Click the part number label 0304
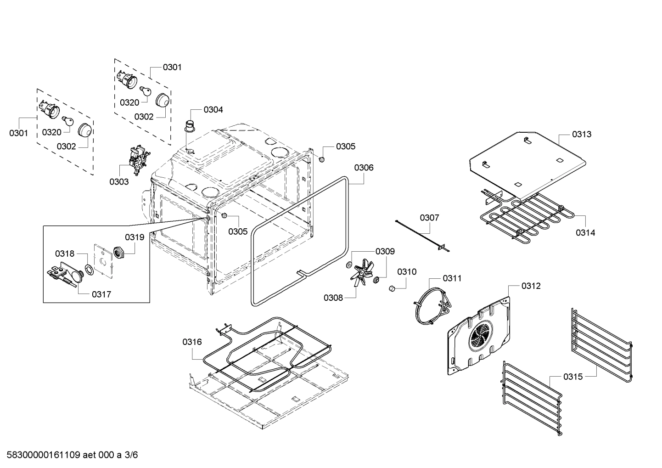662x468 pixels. [x=213, y=109]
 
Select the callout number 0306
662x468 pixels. [x=364, y=168]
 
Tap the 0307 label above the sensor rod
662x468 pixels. [x=429, y=217]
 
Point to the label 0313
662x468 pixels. [x=581, y=134]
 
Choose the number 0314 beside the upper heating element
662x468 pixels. [x=585, y=232]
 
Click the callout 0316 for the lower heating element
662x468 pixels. [x=192, y=341]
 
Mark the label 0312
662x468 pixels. [x=531, y=286]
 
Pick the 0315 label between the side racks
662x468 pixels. [x=572, y=377]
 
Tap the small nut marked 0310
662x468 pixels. [x=393, y=288]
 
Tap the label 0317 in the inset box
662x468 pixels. [x=101, y=294]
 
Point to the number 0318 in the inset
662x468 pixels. [x=64, y=254]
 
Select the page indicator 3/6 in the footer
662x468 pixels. [x=131, y=455]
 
